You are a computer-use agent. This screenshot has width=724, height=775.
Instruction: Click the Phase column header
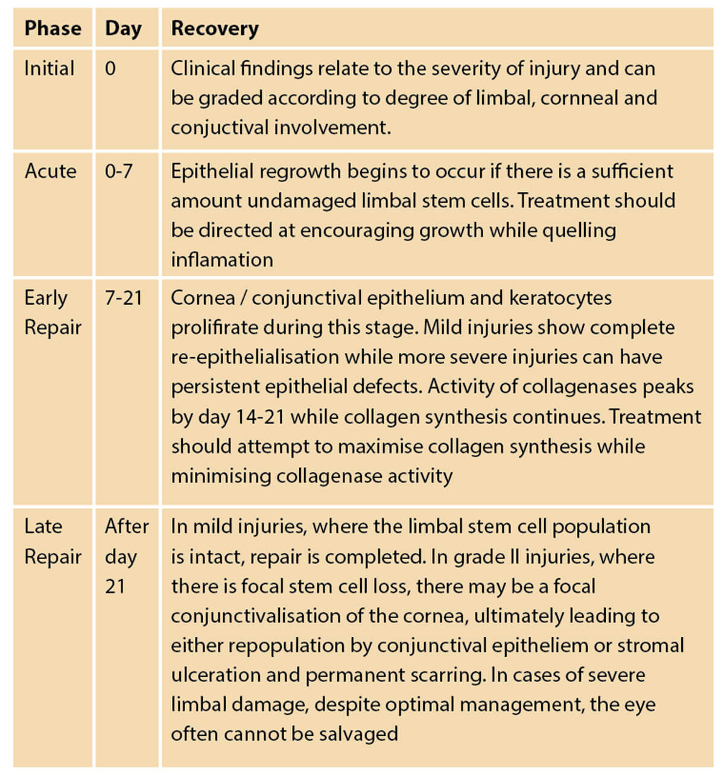point(52,28)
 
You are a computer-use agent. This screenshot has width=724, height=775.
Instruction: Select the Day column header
point(123,28)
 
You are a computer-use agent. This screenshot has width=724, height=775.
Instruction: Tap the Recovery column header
point(215,28)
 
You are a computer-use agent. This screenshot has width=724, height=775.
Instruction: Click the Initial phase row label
point(49,68)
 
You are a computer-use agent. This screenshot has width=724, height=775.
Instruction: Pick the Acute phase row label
point(51,171)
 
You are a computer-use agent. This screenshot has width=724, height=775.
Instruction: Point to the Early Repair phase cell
point(52,312)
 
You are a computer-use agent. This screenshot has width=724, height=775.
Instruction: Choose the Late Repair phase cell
point(52,541)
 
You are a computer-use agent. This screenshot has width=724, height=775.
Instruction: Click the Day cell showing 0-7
point(119,171)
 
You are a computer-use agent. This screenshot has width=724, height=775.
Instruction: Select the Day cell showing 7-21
point(124,298)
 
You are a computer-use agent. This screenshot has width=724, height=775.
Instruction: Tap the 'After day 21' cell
point(127,555)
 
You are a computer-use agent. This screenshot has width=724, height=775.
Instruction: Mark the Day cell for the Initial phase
point(110,68)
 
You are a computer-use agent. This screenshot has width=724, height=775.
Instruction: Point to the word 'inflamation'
point(222,259)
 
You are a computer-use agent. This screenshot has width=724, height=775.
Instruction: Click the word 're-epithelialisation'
point(255,357)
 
